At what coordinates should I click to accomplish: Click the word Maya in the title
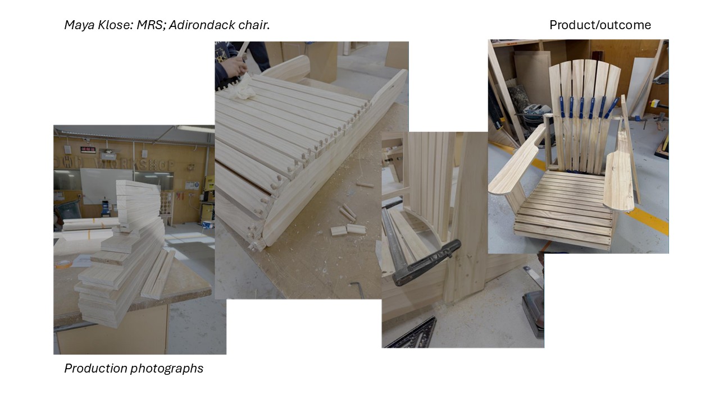coord(79,25)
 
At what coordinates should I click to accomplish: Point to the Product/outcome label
coord(600,25)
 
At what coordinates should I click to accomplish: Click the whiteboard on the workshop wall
coord(106,186)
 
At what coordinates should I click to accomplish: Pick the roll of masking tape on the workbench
coord(62,265)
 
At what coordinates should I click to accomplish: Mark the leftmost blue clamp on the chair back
coord(562,107)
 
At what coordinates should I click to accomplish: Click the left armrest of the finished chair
coord(517,160)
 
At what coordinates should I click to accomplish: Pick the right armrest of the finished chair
coord(618,180)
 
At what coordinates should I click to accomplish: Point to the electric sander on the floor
coord(534,314)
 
